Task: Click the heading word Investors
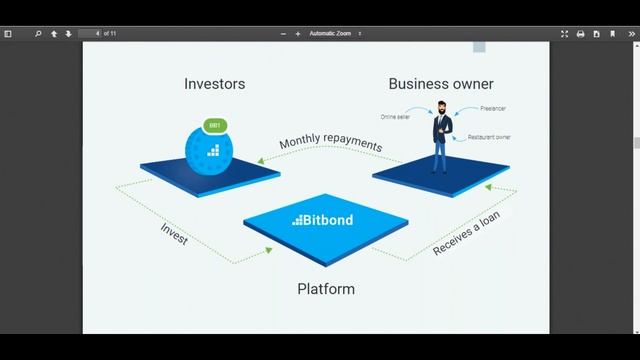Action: [214, 84]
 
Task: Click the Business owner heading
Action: [440, 84]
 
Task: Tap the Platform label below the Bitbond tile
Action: [326, 289]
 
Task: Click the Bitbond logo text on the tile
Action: [322, 220]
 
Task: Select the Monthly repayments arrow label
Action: [330, 143]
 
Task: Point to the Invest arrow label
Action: [174, 233]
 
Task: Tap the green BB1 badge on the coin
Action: [214, 126]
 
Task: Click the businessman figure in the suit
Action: [441, 141]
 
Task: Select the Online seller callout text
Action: [395, 117]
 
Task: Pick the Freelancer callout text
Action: [492, 108]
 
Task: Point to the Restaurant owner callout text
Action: [489, 137]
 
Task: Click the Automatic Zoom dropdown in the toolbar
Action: [336, 33]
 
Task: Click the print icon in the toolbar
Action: [580, 33]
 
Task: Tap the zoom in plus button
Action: [297, 33]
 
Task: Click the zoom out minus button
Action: [283, 33]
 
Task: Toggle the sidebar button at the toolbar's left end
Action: [8, 33]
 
